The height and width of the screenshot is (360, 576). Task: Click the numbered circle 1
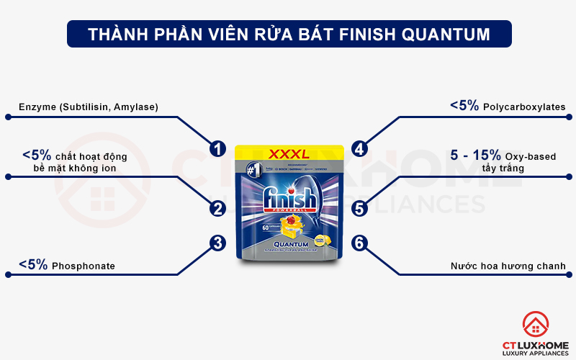[217, 148]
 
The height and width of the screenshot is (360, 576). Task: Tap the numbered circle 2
[217, 209]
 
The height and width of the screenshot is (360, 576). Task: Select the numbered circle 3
[217, 243]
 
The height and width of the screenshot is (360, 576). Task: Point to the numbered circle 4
[359, 148]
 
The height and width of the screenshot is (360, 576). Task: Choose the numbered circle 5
[359, 209]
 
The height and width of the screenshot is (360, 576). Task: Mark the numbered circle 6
[359, 243]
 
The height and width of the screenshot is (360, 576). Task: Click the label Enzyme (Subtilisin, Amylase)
[87, 107]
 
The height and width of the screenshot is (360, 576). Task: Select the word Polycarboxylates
[524, 107]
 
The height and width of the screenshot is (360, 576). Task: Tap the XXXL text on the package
[288, 154]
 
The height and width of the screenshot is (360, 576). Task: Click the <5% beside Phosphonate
[34, 265]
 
